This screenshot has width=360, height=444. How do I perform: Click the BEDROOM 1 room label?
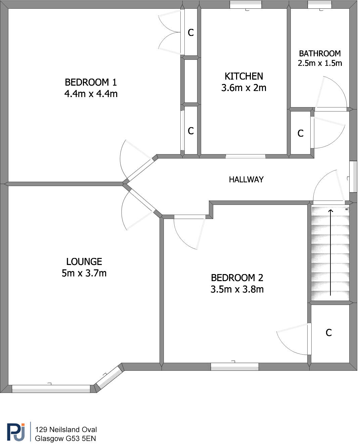91,82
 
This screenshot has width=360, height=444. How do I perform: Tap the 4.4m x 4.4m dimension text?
91,94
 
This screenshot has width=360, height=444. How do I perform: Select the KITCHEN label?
244,76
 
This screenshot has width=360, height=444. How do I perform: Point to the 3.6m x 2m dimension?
244,88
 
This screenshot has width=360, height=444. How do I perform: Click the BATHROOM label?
320,53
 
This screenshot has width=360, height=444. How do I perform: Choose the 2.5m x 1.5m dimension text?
320,63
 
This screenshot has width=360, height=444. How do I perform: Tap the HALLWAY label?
246,180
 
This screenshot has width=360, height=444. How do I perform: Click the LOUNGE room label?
84,262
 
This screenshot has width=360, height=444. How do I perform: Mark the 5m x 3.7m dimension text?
84,273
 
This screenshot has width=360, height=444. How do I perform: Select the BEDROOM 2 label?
237,278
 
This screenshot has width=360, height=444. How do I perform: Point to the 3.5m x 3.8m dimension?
237,289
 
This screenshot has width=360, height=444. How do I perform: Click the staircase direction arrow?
331,252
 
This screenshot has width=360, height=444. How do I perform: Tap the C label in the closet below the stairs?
329,333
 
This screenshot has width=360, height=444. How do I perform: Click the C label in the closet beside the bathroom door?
301,134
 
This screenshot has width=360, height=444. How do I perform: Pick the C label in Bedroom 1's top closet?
191,33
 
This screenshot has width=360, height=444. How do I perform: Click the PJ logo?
16,433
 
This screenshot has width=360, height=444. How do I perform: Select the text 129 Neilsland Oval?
66,430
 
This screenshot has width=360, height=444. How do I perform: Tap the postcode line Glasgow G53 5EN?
65,439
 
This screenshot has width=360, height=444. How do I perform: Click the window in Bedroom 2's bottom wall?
234,367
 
